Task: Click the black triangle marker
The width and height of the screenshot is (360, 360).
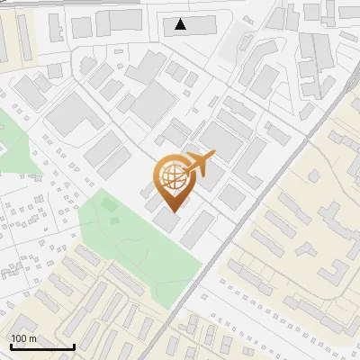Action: click(x=182, y=24)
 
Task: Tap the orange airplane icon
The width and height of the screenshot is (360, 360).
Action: click(x=199, y=164)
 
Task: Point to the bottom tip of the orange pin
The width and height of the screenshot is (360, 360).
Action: click(x=170, y=211)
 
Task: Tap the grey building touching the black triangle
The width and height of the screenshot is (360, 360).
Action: click(x=198, y=25)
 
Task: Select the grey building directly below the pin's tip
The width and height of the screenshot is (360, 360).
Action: click(x=166, y=221)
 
